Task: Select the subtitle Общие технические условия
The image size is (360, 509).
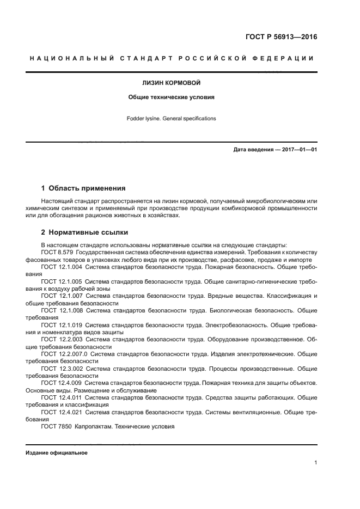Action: (x=171, y=97)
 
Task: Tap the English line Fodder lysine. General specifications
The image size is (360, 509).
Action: (x=171, y=118)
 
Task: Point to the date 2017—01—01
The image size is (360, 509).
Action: (x=298, y=149)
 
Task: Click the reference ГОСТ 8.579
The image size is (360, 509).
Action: (x=57, y=253)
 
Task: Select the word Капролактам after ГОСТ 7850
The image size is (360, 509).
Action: (x=95, y=427)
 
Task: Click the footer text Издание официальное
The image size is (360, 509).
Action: (x=57, y=453)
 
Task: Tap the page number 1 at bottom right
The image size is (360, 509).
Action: (x=315, y=463)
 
